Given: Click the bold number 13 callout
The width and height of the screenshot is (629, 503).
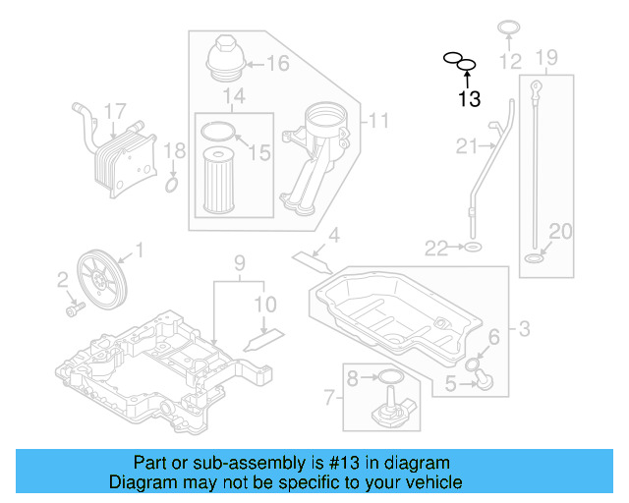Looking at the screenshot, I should click(x=469, y=98).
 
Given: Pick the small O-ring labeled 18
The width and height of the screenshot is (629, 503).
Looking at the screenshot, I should click(x=171, y=185).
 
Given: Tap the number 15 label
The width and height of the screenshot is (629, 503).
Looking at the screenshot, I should click(x=260, y=152).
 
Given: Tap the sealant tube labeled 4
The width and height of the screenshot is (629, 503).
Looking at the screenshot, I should click(x=312, y=258).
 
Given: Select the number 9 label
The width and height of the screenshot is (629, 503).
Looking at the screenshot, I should click(x=238, y=262).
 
